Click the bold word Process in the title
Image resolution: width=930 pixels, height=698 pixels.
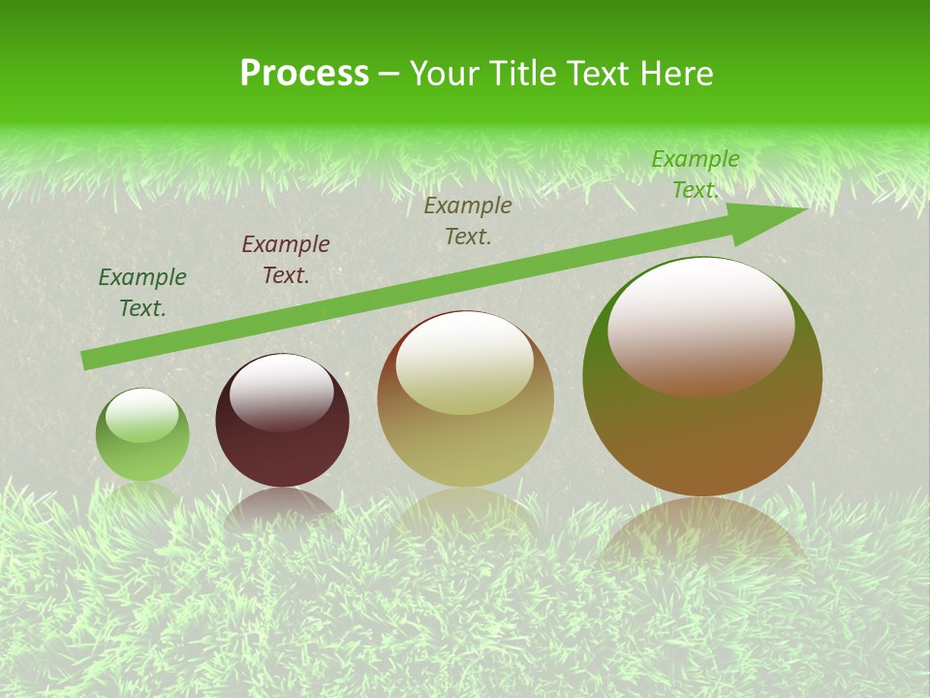304,74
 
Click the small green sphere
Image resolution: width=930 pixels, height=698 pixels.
142,451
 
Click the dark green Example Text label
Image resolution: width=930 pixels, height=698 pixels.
142,293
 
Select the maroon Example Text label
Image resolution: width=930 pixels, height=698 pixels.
286,260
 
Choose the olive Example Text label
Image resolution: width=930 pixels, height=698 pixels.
468,220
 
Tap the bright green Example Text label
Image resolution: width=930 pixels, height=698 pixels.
696,174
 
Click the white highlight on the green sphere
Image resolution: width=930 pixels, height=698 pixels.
142,416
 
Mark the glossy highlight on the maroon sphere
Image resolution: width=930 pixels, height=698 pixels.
282,392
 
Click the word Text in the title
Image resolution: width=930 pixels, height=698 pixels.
600,74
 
